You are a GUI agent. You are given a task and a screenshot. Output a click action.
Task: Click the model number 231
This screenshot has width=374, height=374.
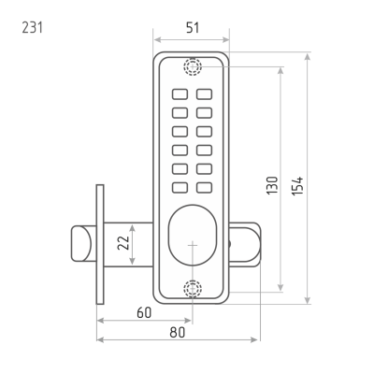(x=32, y=27)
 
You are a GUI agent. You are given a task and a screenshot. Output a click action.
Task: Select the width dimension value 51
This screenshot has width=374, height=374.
(x=193, y=28)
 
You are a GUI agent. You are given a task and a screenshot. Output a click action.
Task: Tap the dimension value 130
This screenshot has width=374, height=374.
(x=272, y=186)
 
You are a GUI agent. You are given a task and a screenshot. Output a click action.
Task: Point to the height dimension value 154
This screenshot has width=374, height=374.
(x=297, y=186)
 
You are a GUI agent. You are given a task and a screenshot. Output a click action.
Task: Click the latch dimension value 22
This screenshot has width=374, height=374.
(x=123, y=243)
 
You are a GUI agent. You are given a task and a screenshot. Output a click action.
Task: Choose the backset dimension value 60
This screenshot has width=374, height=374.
(x=144, y=312)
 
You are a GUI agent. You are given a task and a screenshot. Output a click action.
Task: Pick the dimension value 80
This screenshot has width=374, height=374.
(x=178, y=332)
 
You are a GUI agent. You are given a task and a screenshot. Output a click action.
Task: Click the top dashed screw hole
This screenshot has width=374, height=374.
(x=193, y=66)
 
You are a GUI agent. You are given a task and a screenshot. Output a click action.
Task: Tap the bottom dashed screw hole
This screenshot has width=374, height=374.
(x=193, y=289)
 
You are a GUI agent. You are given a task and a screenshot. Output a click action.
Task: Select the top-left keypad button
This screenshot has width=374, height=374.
(x=180, y=94)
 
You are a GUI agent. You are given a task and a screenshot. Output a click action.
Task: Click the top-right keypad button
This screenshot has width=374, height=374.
(x=205, y=94)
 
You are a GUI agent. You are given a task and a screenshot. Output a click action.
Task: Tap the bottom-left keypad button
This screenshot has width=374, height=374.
(x=180, y=188)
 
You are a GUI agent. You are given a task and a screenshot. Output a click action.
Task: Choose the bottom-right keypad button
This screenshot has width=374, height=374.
(x=205, y=188)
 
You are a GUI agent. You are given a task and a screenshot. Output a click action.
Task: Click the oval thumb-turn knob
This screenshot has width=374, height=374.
(x=193, y=235)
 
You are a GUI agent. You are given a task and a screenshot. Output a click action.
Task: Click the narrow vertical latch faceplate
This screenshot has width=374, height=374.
(x=100, y=244)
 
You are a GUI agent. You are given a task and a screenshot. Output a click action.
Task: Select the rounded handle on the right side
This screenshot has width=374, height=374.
(x=245, y=244)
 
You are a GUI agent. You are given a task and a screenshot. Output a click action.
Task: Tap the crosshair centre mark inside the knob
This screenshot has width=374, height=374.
(x=193, y=245)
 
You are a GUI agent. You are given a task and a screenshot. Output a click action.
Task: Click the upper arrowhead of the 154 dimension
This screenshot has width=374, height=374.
(x=308, y=56)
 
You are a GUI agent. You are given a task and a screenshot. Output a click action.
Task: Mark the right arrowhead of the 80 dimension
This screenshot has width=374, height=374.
(x=255, y=339)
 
